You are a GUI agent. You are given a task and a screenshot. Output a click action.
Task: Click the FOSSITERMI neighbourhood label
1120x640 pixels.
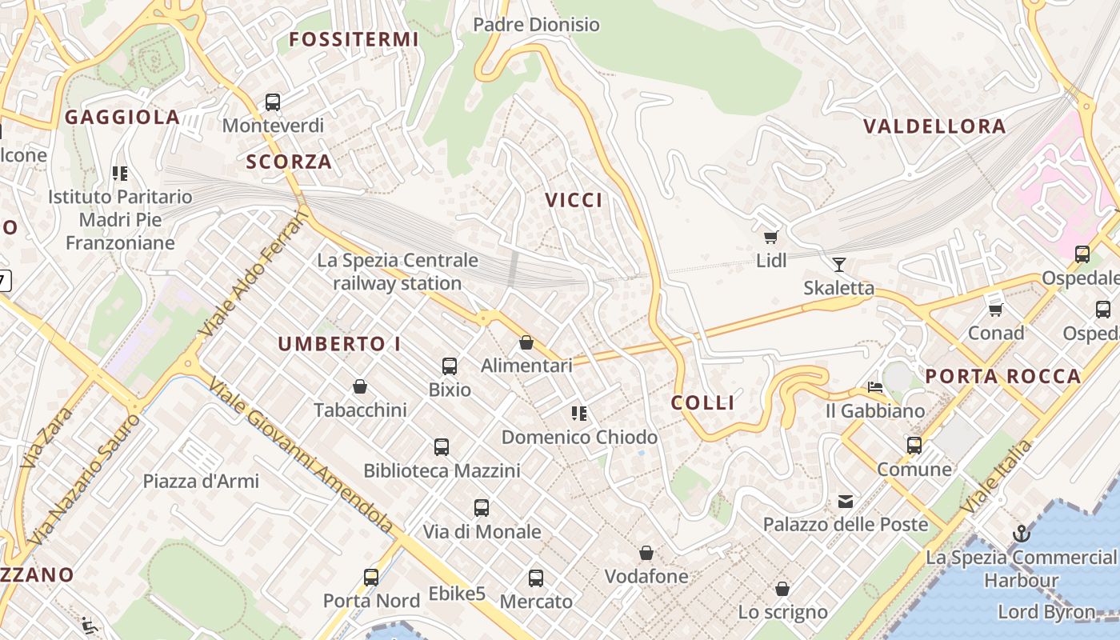(354, 39)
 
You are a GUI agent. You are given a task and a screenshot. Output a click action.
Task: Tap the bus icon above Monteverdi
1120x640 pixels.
(273, 102)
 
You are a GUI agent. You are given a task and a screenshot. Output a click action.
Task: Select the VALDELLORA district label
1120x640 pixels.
(934, 126)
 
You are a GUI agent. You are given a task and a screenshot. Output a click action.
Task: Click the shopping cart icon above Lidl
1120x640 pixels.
(771, 237)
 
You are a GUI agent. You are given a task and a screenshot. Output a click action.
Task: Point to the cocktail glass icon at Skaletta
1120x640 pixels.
(838, 265)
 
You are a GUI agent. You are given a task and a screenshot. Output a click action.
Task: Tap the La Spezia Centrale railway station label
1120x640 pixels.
(398, 272)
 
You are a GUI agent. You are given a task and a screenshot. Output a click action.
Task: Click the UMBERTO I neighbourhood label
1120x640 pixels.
(339, 344)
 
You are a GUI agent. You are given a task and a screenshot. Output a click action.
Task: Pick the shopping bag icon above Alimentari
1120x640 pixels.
(526, 342)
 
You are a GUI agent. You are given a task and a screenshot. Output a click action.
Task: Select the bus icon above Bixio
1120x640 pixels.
(450, 366)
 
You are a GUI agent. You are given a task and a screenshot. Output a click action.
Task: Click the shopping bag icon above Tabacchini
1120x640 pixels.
(360, 387)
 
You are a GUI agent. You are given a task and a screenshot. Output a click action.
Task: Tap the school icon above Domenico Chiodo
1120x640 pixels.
(579, 414)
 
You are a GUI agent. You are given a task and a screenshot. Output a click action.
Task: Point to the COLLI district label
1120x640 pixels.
(702, 402)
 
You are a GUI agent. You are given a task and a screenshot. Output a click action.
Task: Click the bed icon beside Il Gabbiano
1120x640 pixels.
(875, 387)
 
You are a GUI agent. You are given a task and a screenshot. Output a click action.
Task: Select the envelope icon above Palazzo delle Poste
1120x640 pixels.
(846, 502)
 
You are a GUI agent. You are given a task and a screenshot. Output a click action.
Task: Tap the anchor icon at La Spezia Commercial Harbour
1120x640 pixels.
(1021, 534)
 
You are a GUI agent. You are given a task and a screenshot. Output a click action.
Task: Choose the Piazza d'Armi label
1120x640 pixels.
(201, 481)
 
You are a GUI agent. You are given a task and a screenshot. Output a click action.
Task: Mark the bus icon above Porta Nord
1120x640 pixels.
(371, 577)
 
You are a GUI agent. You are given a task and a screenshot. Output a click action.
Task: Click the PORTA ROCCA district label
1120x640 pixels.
(1002, 377)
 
